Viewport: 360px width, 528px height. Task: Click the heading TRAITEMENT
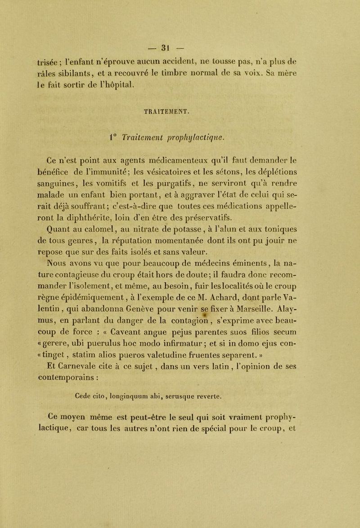(x=179, y=108)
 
